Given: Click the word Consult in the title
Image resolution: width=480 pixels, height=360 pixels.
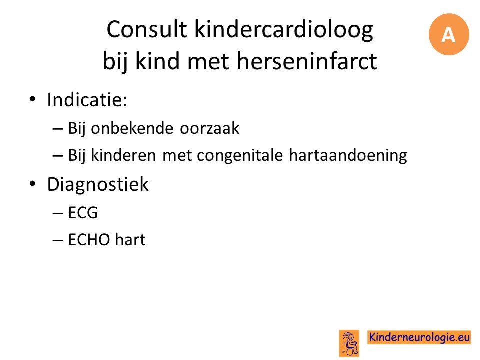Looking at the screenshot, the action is point(147,29).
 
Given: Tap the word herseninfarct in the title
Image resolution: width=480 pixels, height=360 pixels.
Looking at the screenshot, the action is point(307,61).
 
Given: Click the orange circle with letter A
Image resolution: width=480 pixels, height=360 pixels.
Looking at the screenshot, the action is point(449,34).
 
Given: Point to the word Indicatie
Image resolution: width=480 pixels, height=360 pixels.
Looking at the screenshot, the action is point(87,100).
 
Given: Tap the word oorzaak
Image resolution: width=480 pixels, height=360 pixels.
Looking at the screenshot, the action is point(209,128).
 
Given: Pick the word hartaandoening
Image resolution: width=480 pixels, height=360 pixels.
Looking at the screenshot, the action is point(348,155).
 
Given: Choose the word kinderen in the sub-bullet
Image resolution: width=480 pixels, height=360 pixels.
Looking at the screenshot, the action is point(123,155).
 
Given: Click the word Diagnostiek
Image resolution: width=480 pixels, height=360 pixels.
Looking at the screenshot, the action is point(98,184).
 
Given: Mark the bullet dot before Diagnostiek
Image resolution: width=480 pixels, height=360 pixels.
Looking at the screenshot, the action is point(33,183).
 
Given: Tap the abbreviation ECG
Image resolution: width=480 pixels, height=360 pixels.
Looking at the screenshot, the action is point(83,213).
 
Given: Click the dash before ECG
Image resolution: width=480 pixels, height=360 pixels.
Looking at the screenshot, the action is point(57,213).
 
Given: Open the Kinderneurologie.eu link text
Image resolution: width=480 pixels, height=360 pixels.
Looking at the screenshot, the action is point(419,337).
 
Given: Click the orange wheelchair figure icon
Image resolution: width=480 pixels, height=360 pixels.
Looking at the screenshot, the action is point(349,343).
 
